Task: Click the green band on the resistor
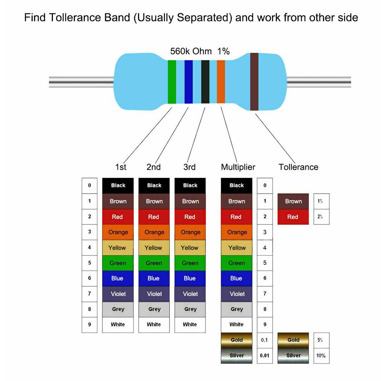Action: [172, 82]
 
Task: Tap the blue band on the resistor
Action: [188, 82]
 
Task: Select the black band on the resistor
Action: [205, 82]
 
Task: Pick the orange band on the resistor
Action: [221, 82]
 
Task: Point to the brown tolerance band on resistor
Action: [254, 82]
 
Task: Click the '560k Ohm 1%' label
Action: [200, 51]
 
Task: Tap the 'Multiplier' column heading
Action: [238, 167]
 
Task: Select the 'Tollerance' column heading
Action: [298, 167]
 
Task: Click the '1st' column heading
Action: [120, 167]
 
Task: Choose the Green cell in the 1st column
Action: [118, 263]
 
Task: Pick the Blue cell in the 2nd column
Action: [154, 279]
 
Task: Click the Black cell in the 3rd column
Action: [190, 186]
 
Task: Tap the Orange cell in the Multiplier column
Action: [237, 232]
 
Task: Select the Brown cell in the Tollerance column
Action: [293, 201]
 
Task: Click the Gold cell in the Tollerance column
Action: [293, 340]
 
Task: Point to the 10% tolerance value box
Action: [321, 355]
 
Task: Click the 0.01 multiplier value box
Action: [265, 355]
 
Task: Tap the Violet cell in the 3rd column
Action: [190, 294]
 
